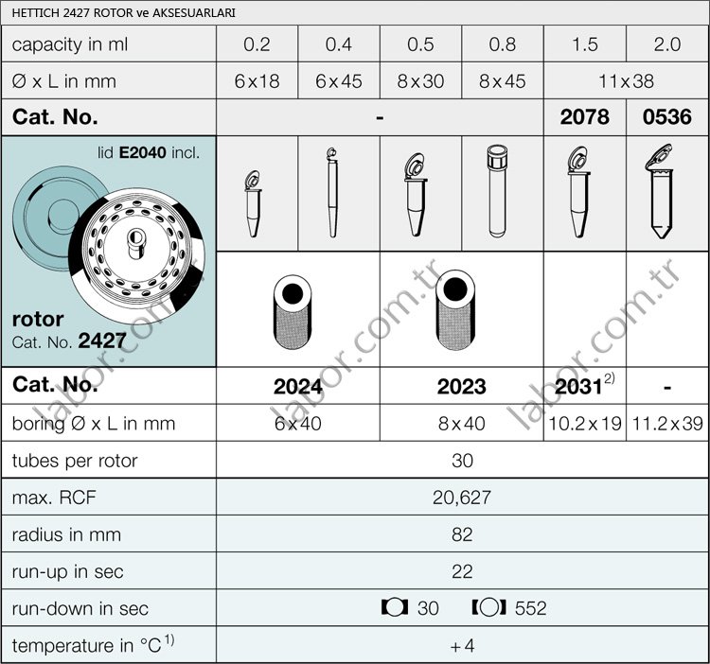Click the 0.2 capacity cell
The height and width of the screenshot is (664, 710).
[x=257, y=44]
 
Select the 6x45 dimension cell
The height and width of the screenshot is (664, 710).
[x=338, y=81]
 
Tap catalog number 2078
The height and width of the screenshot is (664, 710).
[x=585, y=117]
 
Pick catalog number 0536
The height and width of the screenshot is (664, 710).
[x=667, y=117]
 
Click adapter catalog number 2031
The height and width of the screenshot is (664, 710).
[x=579, y=386]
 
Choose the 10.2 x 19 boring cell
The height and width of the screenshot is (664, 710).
[x=584, y=424]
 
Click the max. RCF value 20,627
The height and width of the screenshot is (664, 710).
[x=461, y=498]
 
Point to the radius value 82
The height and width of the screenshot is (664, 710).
[x=461, y=534]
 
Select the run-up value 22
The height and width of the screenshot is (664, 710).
[x=461, y=571]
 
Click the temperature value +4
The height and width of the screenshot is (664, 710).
[x=461, y=645]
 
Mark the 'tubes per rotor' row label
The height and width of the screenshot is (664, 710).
[x=75, y=461]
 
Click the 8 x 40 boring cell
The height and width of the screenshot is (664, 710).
[x=461, y=424]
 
